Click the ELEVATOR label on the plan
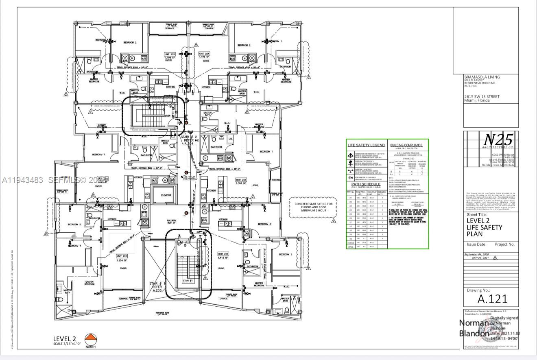166,195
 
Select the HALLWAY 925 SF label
171,222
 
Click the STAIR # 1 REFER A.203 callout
157,286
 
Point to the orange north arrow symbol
90,339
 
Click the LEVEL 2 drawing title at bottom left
65,338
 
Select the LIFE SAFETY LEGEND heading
366,145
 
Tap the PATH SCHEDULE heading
366,184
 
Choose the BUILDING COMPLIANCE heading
406,145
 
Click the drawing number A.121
492,299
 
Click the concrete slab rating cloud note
313,207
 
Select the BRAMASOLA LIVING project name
482,77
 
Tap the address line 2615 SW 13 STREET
482,96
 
